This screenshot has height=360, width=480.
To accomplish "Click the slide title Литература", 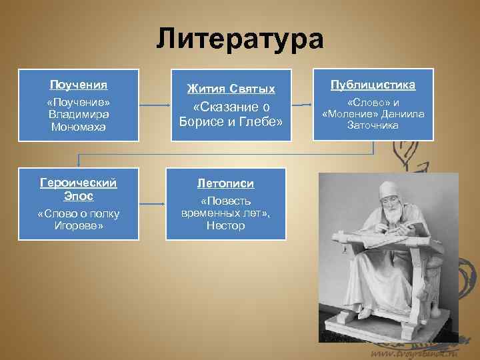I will pos(240,38).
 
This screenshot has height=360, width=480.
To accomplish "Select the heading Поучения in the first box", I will pos(79,85).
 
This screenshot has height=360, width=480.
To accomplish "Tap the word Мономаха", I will pos(79,127).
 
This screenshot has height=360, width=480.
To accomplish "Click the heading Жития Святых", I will pos(231,88).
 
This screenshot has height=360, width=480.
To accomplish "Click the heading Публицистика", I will pos(373,85).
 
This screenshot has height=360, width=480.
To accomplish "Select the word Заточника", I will pos(373,125).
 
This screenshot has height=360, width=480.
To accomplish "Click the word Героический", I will pos(79,182).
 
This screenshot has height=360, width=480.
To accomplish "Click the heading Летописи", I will pos(225,183).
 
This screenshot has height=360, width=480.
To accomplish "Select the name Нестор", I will pos(225,225).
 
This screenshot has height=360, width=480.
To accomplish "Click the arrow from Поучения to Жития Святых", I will pos(155,105).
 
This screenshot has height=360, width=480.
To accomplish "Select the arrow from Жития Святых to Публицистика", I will pos(303,105).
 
